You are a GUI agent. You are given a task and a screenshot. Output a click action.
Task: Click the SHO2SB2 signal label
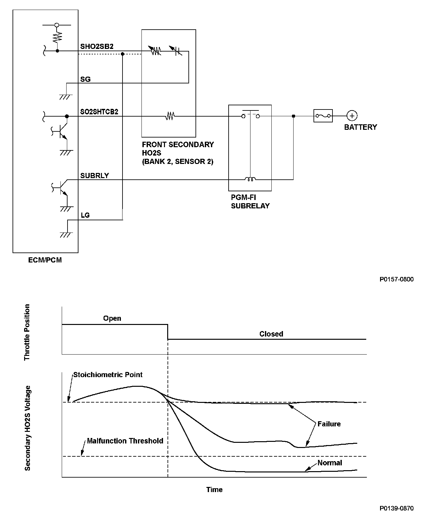(x=97, y=46)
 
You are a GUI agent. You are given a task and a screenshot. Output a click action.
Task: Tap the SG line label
(x=86, y=79)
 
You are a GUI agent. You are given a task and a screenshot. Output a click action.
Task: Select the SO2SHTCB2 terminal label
(x=99, y=112)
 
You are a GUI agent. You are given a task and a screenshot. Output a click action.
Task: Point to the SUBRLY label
(x=95, y=176)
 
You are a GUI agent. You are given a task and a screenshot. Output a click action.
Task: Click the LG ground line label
(x=85, y=215)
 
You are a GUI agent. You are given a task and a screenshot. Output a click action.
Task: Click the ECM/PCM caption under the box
(x=45, y=260)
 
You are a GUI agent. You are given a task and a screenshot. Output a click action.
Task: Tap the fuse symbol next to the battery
(x=323, y=116)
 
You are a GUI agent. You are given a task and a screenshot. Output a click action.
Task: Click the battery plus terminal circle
(x=352, y=116)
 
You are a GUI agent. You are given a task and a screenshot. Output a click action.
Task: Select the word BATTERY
(x=360, y=127)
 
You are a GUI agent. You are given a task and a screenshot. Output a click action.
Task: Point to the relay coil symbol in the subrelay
(x=250, y=179)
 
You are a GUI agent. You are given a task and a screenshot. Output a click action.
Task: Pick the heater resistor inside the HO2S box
(x=170, y=116)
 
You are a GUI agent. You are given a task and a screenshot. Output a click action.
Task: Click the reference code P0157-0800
(x=396, y=279)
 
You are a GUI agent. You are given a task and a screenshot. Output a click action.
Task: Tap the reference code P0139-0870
(x=396, y=509)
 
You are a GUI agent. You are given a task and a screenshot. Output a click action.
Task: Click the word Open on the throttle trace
(x=112, y=318)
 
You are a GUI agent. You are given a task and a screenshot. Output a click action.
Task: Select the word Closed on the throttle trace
(x=271, y=334)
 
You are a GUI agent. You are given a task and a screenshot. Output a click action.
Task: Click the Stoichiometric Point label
(x=108, y=375)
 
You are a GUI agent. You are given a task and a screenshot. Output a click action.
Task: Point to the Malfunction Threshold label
(x=125, y=441)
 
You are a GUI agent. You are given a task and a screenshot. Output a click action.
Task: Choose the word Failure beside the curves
(x=329, y=424)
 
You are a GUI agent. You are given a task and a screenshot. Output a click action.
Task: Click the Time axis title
(x=214, y=490)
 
